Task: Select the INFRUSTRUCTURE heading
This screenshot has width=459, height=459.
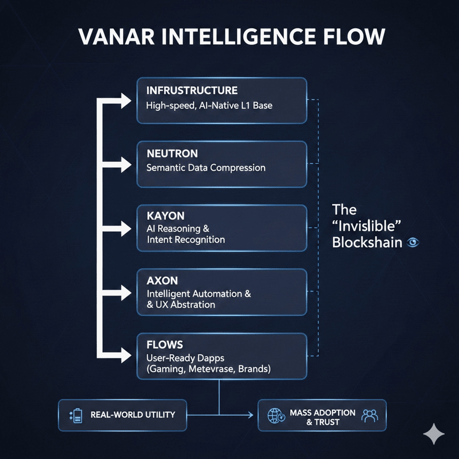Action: coord(192,90)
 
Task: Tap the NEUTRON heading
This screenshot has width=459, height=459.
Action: coord(172,154)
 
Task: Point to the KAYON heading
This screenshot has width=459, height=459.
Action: coord(165,216)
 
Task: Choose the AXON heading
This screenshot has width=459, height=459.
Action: coord(162,280)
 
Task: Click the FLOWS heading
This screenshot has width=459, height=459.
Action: coord(165,345)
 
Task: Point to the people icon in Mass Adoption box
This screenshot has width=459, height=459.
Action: coord(369,415)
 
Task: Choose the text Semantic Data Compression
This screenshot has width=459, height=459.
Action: coord(206,167)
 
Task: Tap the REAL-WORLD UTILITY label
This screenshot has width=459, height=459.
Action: coord(132,415)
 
